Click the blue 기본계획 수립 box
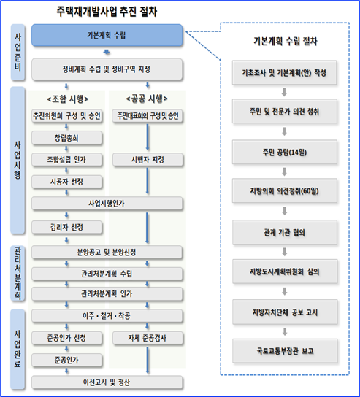click(107, 35)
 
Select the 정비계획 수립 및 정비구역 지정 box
click(107, 69)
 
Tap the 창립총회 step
click(67, 138)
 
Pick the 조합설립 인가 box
click(67, 160)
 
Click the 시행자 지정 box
click(148, 160)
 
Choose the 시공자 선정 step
click(67, 182)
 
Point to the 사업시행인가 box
click(107, 204)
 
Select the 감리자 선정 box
click(67, 227)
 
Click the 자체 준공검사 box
click(148, 338)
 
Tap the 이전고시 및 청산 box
click(107, 382)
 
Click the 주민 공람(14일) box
click(285, 153)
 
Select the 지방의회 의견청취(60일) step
click(285, 191)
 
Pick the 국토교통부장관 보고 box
click(285, 351)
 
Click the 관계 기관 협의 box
click(285, 232)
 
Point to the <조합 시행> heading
click(68, 99)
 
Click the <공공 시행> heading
click(147, 99)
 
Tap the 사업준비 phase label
click(18, 53)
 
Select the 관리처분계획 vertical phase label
click(18, 273)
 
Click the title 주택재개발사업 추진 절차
click(107, 12)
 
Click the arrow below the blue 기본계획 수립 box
click(107, 52)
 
